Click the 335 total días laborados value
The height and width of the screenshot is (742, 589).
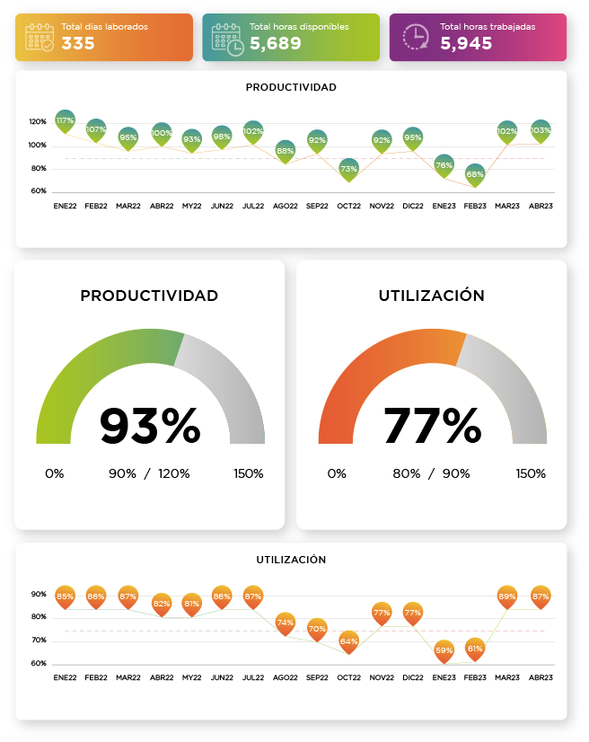(78, 43)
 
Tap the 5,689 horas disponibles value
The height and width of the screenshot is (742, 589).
(275, 43)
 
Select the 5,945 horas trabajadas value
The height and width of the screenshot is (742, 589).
(466, 43)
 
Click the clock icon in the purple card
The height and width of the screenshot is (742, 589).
(416, 37)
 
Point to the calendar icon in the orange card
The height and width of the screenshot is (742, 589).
(40, 37)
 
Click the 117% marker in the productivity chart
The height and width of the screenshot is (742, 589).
(65, 120)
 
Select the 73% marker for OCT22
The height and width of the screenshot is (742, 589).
(349, 168)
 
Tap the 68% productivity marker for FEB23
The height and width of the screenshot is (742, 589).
(475, 173)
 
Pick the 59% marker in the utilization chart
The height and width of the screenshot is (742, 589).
(444, 649)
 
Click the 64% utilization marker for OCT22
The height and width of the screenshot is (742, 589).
(349, 641)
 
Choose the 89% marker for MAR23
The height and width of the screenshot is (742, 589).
(507, 596)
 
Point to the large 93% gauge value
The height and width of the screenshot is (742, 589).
(150, 426)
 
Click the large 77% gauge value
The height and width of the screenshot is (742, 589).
(432, 426)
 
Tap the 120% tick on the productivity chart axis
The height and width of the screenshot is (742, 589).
(38, 122)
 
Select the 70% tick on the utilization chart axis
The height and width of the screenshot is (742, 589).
(39, 640)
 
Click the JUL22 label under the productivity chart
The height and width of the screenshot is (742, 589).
(254, 206)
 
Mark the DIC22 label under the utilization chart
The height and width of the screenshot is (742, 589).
(413, 677)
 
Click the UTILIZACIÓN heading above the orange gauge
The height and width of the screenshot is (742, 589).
(432, 296)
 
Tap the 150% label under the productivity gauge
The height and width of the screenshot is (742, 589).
(248, 473)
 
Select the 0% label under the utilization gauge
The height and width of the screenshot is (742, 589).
(337, 473)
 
